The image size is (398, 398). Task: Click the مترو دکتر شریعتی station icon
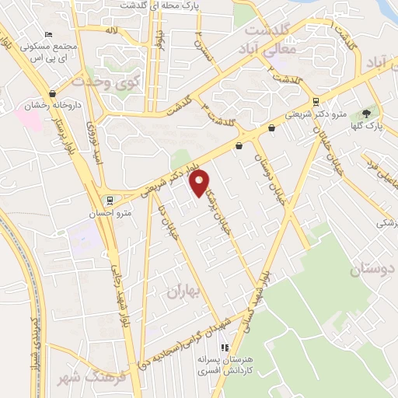point(315,102)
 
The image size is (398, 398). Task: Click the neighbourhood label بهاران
point(183,293)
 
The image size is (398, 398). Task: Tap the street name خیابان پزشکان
point(214,194)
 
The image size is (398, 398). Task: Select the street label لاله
point(113,30)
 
